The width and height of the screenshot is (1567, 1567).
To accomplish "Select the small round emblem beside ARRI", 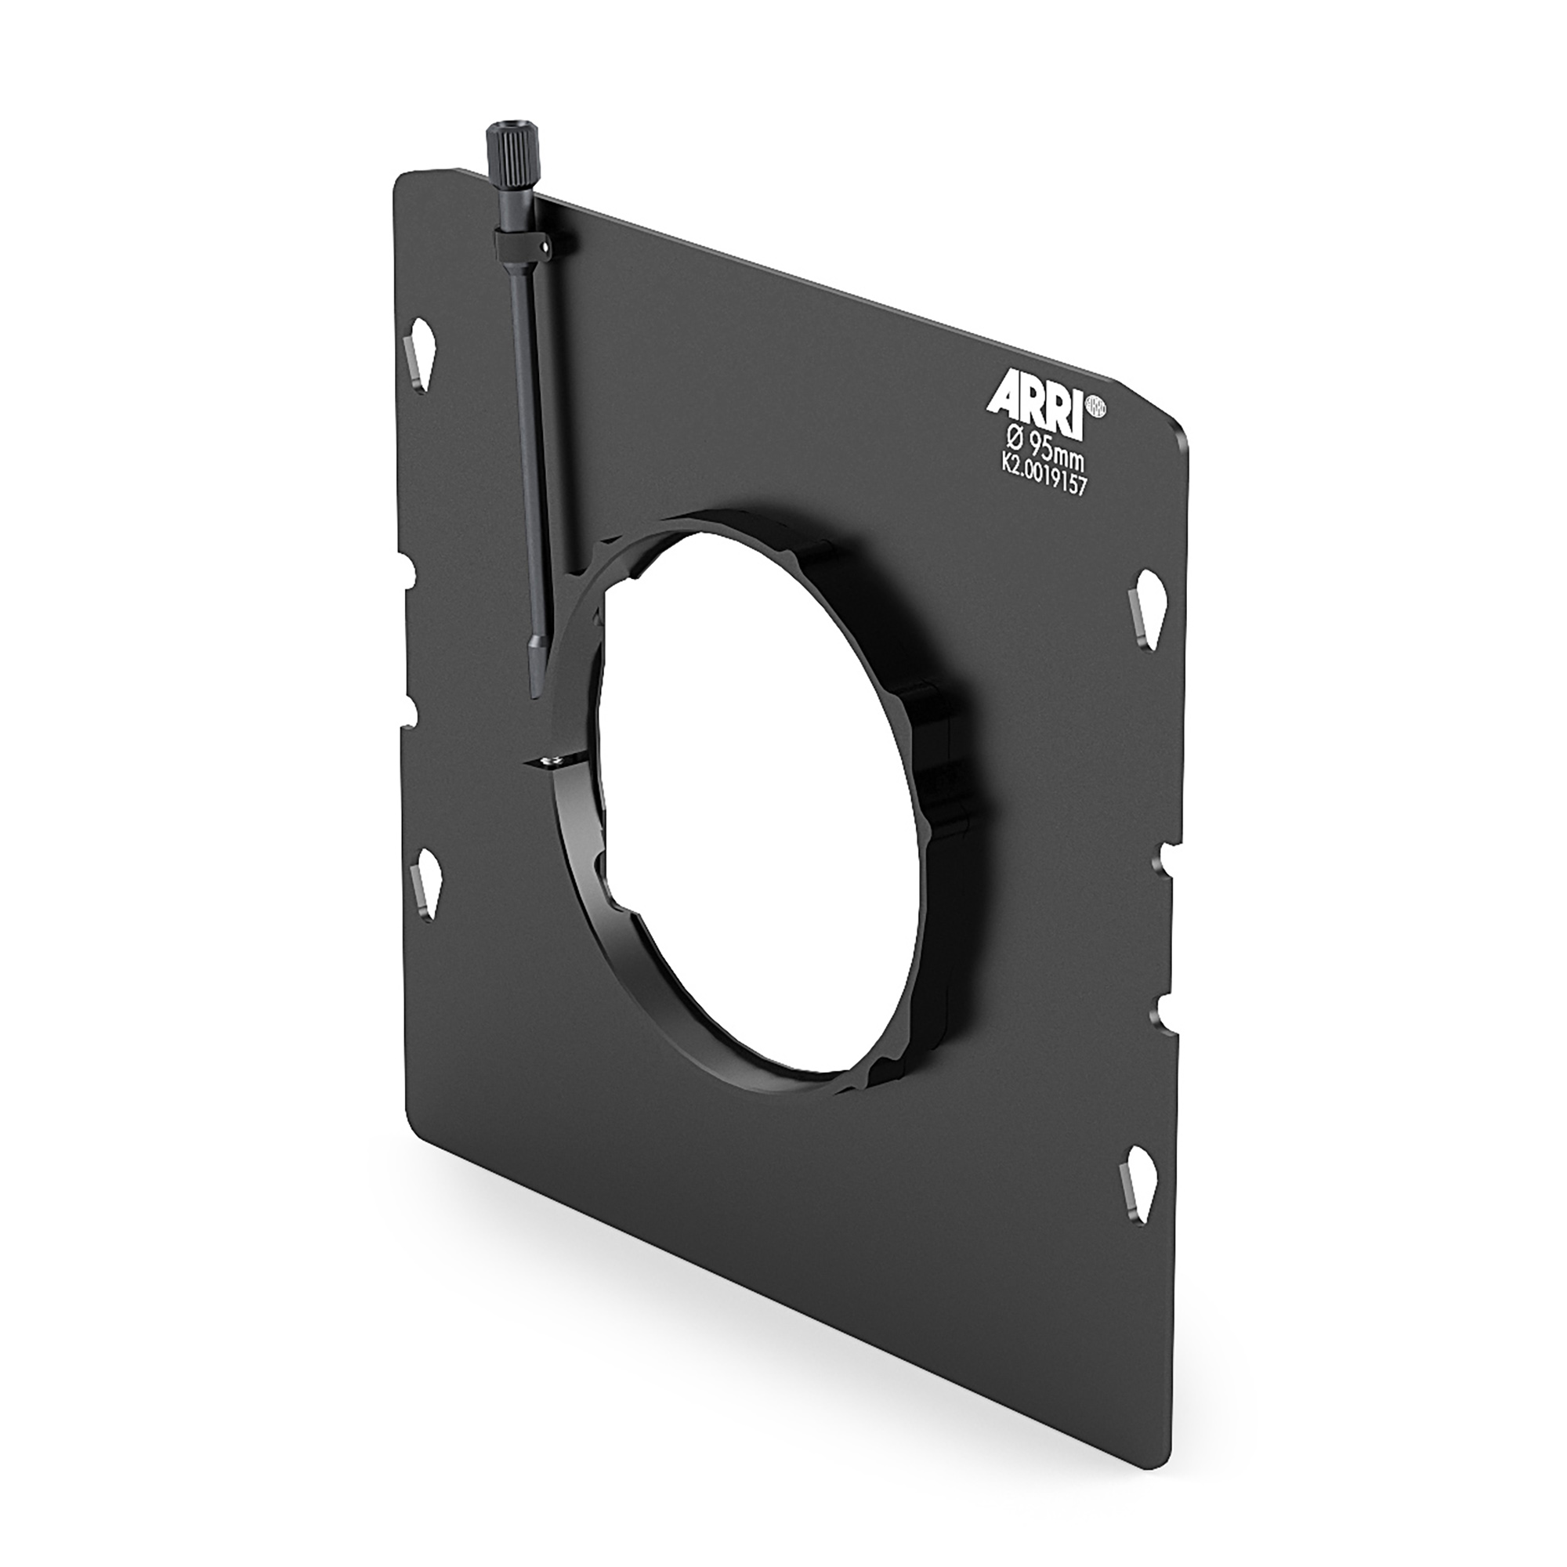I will [x=1096, y=406].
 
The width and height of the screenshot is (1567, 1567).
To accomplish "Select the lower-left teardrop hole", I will [x=425, y=880].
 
